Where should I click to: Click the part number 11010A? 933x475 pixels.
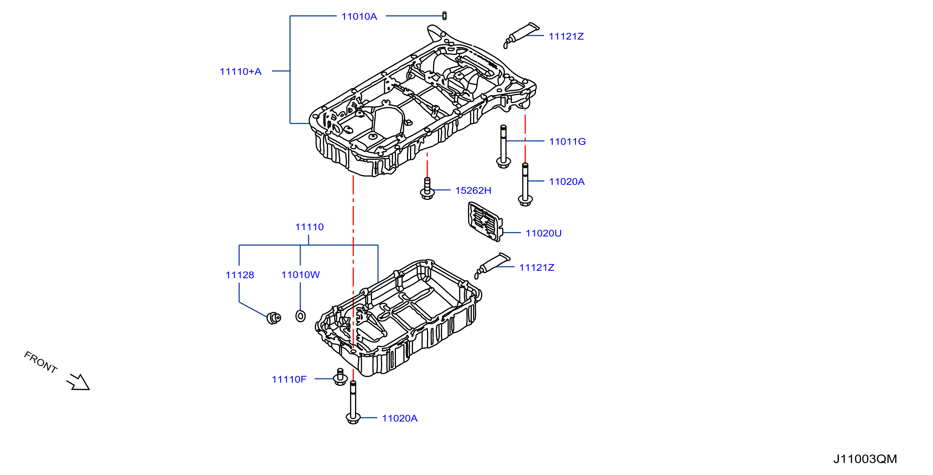[359, 16]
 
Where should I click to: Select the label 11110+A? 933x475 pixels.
[241, 71]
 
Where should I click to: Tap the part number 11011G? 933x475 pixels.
[567, 141]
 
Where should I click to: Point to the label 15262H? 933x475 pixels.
[473, 190]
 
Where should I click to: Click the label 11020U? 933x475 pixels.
[543, 233]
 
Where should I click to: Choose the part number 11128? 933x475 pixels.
[240, 275]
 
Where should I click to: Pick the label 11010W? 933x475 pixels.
[301, 275]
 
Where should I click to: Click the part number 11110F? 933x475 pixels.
[289, 379]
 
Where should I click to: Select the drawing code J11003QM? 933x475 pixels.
[865, 459]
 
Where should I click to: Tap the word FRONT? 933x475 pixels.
[41, 362]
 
